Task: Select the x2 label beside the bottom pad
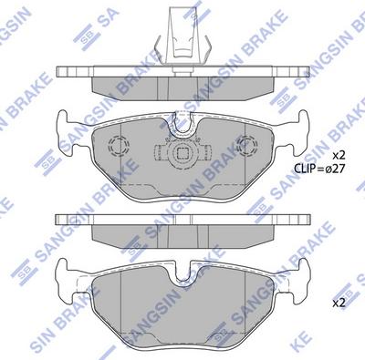point(339,301)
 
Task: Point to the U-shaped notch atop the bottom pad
point(182,269)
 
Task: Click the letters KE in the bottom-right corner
point(351,348)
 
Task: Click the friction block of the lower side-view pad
point(182,235)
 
